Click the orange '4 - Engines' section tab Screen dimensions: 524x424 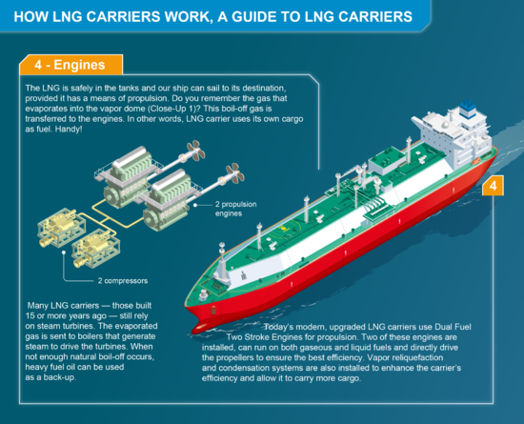[x=71, y=65]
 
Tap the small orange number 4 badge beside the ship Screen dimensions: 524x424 [x=493, y=186]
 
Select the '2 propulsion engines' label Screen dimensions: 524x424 [x=235, y=209]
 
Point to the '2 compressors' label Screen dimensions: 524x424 [x=123, y=281]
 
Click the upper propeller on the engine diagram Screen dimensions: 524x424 [x=196, y=151]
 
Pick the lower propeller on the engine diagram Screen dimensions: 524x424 [x=235, y=173]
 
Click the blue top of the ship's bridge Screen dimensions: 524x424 [x=468, y=108]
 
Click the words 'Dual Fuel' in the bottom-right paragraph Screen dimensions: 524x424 [x=453, y=327]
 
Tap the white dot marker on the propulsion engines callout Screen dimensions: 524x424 [x=195, y=205]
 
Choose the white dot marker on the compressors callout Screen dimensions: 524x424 [x=64, y=252]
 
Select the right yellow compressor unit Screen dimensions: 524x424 [x=96, y=249]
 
